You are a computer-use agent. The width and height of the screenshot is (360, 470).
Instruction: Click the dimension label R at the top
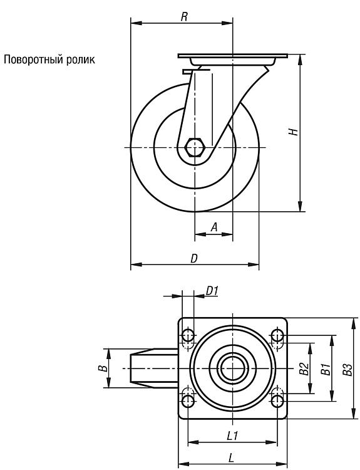click(184, 17)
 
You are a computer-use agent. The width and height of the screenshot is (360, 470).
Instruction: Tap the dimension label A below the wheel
click(214, 227)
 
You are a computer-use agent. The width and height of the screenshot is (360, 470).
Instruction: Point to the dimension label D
click(194, 258)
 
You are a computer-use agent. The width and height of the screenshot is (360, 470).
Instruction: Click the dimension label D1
click(212, 290)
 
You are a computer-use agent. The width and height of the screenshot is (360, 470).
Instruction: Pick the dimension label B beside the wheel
click(103, 368)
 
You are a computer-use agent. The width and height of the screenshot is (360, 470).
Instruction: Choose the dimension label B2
click(304, 368)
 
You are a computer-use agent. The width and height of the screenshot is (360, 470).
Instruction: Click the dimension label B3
click(347, 369)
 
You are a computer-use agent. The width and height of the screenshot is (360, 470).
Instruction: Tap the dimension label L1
click(232, 436)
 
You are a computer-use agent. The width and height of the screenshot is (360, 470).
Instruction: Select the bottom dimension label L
click(231, 457)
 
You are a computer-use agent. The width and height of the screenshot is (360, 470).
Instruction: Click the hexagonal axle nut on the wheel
click(195, 147)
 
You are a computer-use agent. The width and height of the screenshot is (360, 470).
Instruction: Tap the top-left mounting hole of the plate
click(188, 335)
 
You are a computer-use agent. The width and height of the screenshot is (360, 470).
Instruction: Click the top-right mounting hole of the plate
click(277, 335)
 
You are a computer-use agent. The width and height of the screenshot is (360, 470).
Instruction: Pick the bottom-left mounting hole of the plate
click(188, 400)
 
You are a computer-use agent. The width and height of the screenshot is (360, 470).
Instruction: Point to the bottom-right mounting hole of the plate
click(277, 400)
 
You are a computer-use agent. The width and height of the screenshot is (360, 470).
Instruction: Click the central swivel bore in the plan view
click(233, 368)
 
